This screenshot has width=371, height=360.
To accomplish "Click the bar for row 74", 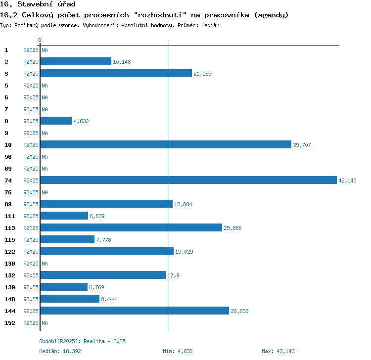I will [188, 180].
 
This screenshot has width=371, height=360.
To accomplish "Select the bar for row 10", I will [166, 145].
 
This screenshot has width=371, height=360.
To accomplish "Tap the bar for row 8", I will [56, 121].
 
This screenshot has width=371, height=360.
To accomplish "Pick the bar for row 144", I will [135, 311].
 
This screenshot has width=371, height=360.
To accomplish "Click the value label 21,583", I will [202, 74].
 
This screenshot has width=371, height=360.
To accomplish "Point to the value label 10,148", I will [122, 62].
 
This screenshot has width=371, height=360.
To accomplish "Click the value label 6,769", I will [96, 287].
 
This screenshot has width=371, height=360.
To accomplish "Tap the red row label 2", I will [6, 62].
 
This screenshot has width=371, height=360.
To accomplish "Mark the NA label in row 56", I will [45, 157].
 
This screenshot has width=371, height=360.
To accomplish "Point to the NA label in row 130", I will [45, 264].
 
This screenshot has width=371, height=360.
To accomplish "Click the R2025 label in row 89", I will [31, 204].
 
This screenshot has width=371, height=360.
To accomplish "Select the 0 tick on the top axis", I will [40, 40].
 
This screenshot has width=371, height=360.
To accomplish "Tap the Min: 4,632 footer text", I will [178, 351].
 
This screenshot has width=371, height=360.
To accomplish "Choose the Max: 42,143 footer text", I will [278, 351].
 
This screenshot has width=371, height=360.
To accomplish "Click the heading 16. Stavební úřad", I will [38, 4].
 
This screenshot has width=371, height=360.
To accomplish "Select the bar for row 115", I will [67, 240].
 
